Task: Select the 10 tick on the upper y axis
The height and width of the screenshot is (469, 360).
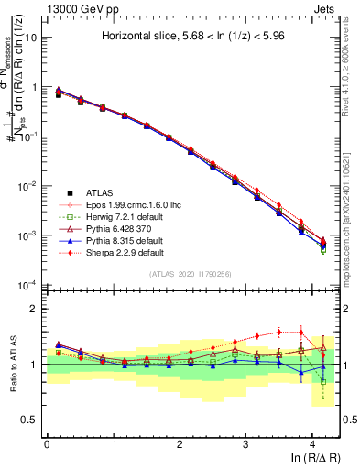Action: [x=29, y=38]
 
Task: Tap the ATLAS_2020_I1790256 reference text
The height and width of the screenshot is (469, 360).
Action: [x=191, y=274]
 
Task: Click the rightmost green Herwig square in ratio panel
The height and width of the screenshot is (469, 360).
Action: [x=322, y=381]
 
